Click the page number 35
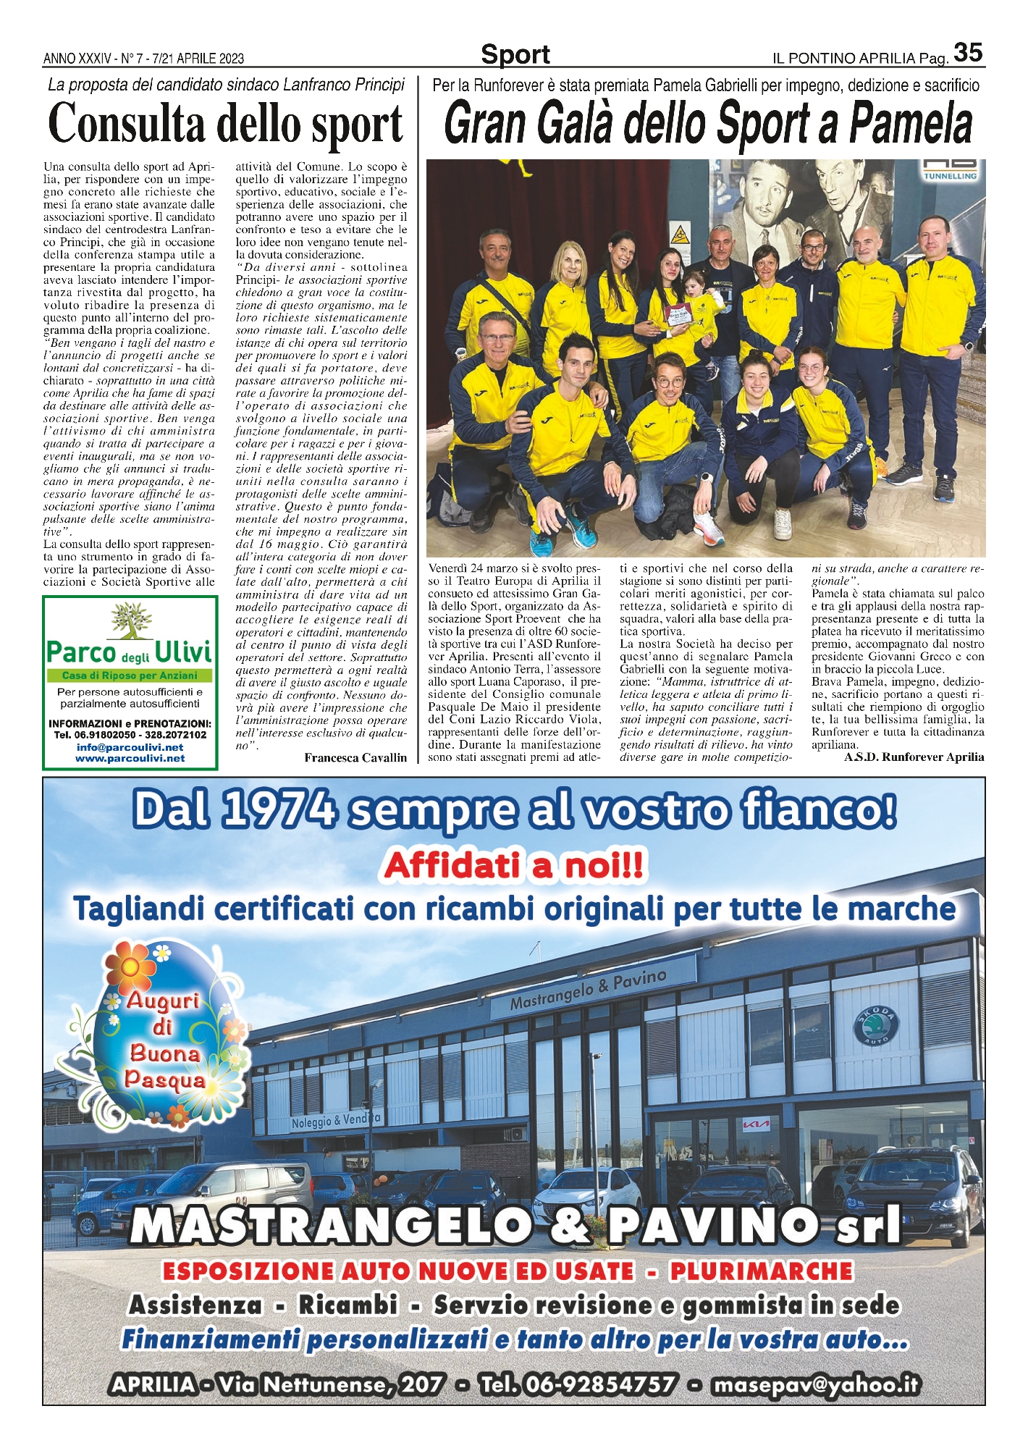(x=968, y=52)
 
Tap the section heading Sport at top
(x=515, y=54)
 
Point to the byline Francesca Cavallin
(x=355, y=757)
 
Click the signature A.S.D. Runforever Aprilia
(x=914, y=757)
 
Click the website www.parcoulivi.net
(x=130, y=758)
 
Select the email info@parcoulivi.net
(x=130, y=747)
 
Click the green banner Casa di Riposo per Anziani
(x=130, y=675)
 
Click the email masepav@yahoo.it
(x=816, y=1384)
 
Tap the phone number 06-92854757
(x=580, y=1384)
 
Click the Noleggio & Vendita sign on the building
(x=335, y=1120)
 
